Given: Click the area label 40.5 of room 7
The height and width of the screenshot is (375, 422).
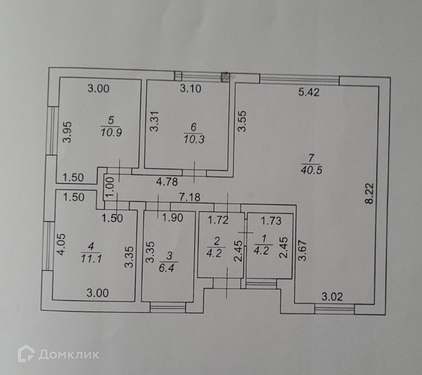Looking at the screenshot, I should click(x=311, y=170).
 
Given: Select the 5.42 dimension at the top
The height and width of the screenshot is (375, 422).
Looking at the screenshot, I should click(x=309, y=92).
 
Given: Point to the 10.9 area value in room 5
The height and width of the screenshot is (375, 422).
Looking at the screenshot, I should click(x=111, y=132).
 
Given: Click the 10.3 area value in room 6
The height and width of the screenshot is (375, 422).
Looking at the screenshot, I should click(x=194, y=139).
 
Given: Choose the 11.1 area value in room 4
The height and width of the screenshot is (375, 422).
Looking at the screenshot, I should click(x=91, y=258).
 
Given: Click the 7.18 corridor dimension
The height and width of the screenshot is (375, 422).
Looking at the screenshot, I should click(x=189, y=197).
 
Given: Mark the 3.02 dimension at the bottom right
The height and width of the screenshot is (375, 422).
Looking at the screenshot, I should click(x=332, y=297).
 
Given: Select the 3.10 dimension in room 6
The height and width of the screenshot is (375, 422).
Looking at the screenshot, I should click(x=190, y=88).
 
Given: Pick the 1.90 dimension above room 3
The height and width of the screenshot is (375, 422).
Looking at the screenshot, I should click(x=172, y=218).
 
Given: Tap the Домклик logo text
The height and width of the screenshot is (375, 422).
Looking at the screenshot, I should click(x=69, y=355).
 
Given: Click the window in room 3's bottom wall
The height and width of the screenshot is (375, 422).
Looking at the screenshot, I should click(x=167, y=307).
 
